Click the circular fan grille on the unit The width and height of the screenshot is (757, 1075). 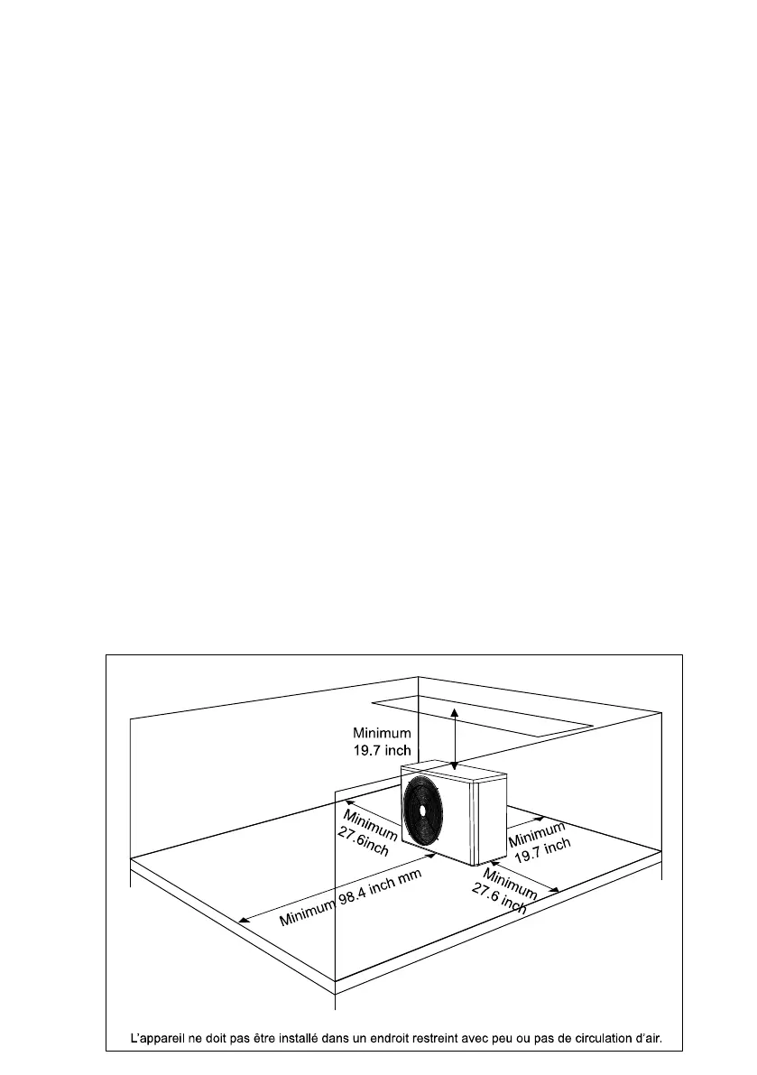423,808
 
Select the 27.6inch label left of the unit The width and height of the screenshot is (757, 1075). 363,843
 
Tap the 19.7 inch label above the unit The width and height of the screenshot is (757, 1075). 382,750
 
